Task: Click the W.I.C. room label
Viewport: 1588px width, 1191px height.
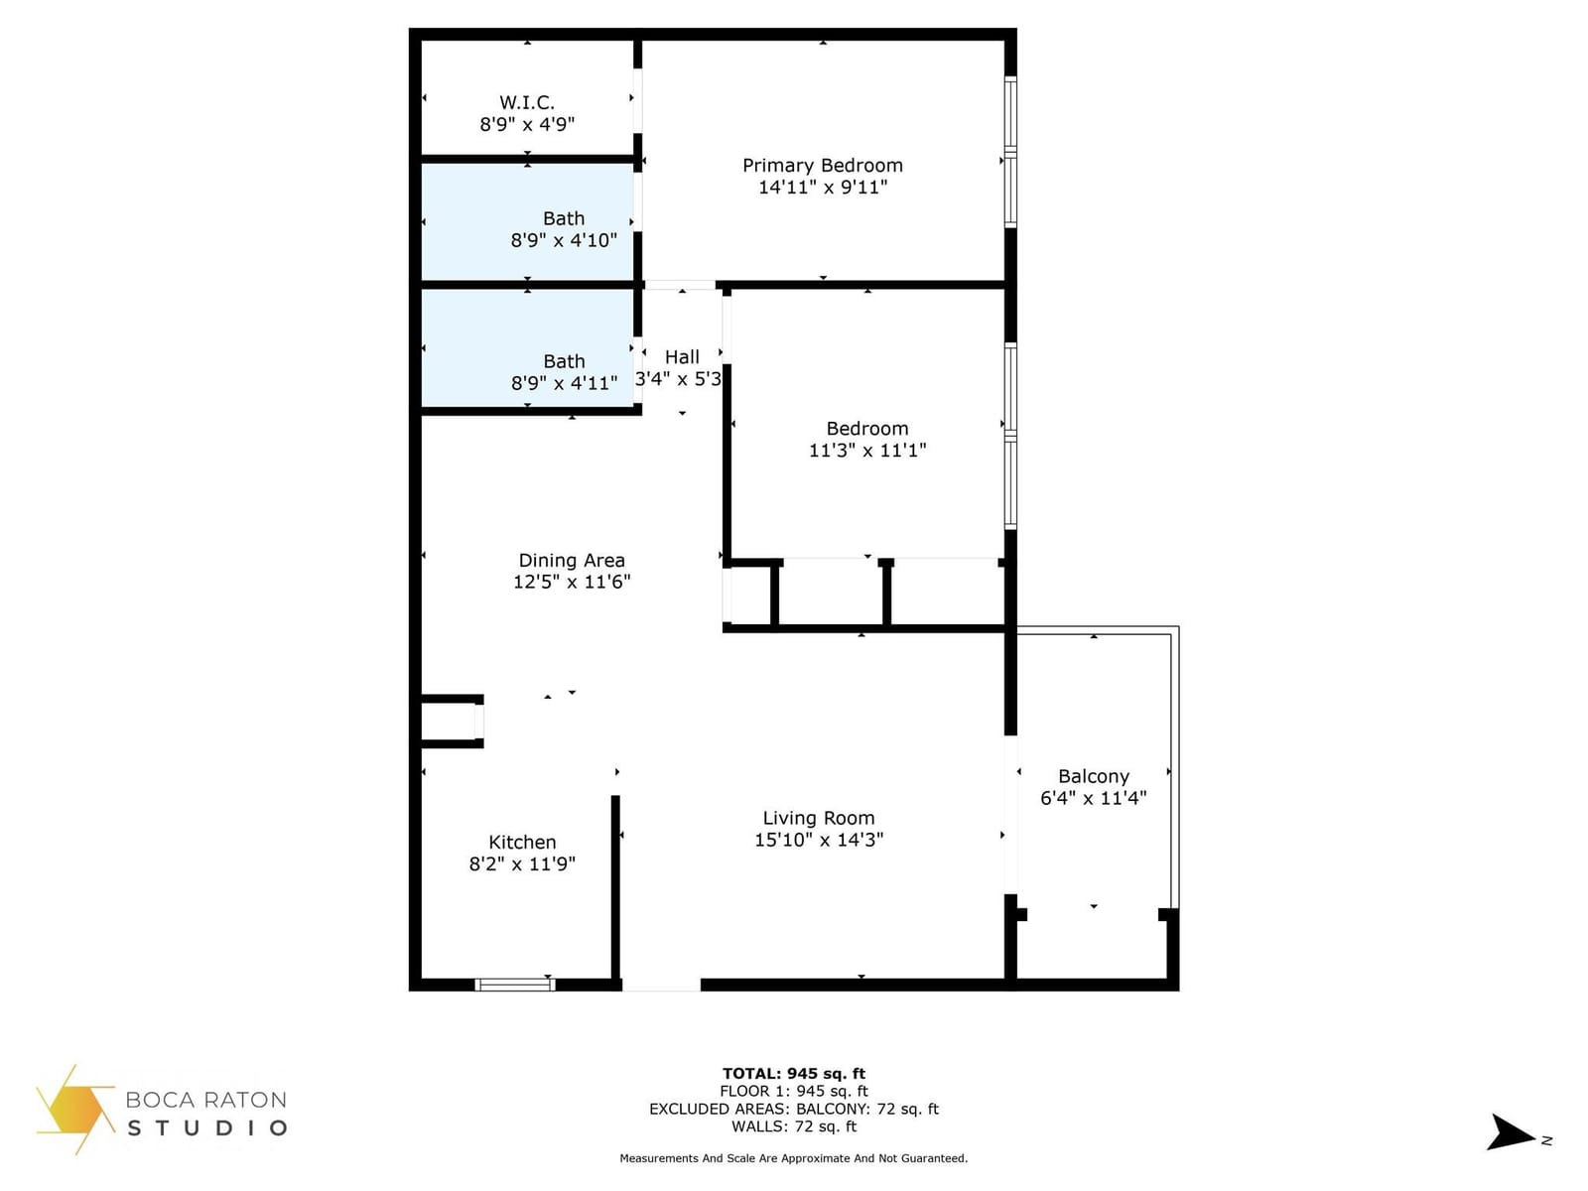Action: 527,102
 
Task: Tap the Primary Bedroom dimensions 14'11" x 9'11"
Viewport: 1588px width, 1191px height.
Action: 823,188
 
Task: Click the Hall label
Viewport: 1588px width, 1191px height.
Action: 682,357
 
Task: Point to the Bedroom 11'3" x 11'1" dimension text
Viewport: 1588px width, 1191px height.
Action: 867,451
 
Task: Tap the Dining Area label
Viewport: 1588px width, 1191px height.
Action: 572,561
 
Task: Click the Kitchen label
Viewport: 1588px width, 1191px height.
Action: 522,843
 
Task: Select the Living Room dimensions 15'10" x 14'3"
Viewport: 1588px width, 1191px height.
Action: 819,840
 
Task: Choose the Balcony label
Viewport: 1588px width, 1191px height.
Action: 1093,777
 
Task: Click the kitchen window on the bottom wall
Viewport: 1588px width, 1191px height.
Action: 515,985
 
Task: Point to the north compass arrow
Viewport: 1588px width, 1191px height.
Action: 1511,1132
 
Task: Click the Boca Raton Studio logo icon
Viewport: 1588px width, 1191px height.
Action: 75,1110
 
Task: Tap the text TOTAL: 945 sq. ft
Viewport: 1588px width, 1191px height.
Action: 794,1074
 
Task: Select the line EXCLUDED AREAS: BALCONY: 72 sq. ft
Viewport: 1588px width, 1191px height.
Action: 794,1110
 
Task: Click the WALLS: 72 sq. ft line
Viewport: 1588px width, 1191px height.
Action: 794,1126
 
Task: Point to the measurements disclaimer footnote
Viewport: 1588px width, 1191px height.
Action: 794,1158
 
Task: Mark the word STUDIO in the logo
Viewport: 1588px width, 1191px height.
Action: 207,1128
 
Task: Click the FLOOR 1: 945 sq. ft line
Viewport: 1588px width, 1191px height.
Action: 794,1091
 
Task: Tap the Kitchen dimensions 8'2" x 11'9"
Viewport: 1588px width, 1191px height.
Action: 522,864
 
